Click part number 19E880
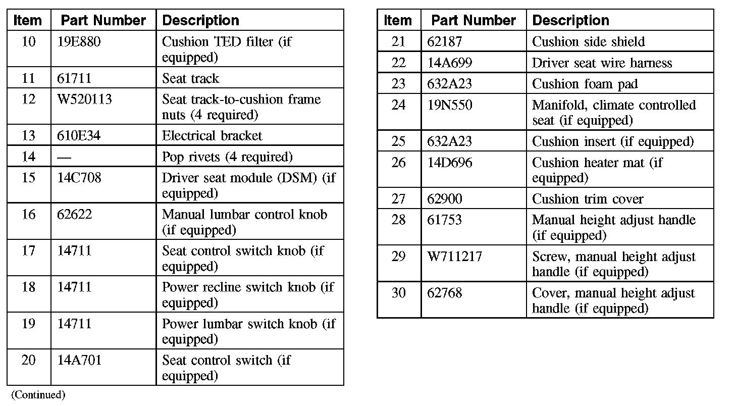[79, 41]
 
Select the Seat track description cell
[191, 78]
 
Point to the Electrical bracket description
[212, 135]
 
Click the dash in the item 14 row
[64, 157]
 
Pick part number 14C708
[79, 178]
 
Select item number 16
[29, 214]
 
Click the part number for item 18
[75, 287]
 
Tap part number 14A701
[79, 360]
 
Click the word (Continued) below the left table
[38, 395]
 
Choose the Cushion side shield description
[588, 41]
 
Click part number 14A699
[450, 63]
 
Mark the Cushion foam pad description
[585, 84]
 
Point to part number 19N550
[450, 105]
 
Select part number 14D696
[450, 163]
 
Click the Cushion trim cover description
[588, 199]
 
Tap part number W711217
[455, 257]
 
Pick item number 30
[399, 293]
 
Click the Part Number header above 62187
[474, 20]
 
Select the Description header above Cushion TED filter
[201, 20]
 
